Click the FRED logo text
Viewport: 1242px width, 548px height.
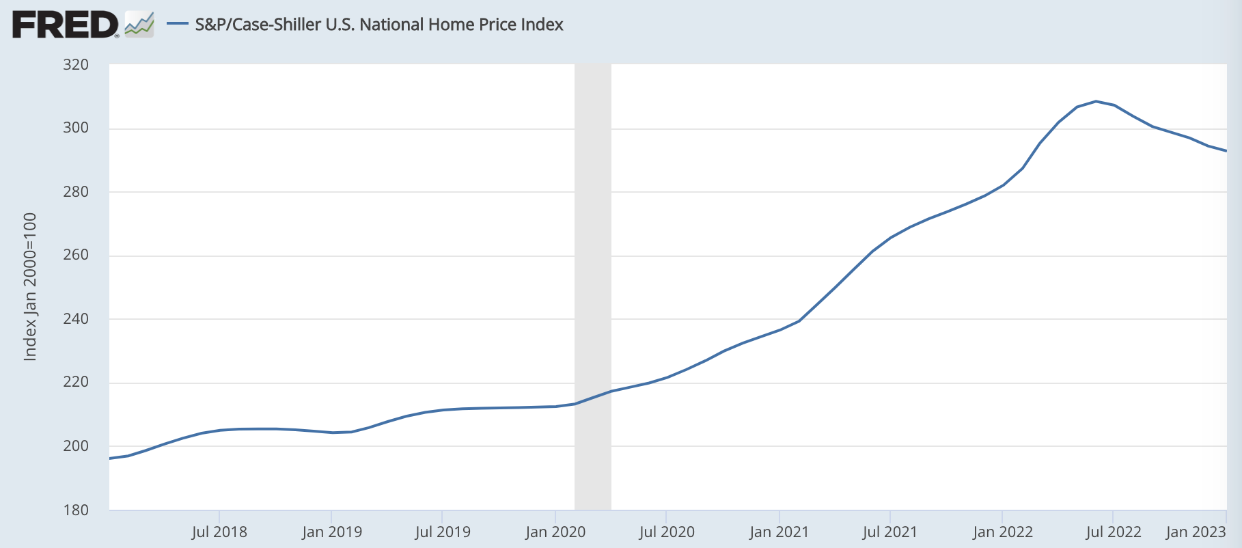click(x=66, y=25)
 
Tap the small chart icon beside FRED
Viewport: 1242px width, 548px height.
click(x=139, y=25)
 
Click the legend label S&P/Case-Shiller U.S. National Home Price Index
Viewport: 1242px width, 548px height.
click(x=379, y=25)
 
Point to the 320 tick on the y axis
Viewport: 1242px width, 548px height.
click(x=76, y=65)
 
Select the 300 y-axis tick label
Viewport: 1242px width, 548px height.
click(x=76, y=128)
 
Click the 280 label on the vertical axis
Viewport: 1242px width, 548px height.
click(x=76, y=192)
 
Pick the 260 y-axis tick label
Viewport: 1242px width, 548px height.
click(x=76, y=255)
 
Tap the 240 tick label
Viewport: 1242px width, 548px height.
click(x=76, y=319)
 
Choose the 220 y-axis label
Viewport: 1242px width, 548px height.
click(x=76, y=382)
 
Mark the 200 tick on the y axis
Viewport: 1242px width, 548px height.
click(x=76, y=446)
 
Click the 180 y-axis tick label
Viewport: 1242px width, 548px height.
click(x=76, y=510)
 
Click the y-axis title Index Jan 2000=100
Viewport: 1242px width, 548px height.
click(x=30, y=287)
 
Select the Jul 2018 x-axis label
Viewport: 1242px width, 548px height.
click(x=219, y=532)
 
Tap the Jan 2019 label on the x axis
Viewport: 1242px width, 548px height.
click(x=332, y=532)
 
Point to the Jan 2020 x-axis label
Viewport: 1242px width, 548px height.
click(x=555, y=532)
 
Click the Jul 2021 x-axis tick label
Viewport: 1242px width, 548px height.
click(x=890, y=532)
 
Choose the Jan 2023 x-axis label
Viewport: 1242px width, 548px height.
click(x=1196, y=532)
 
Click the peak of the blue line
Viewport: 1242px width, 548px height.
click(x=1096, y=101)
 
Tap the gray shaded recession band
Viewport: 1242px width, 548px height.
click(x=592, y=287)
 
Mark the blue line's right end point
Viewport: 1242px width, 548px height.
click(x=1226, y=151)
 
